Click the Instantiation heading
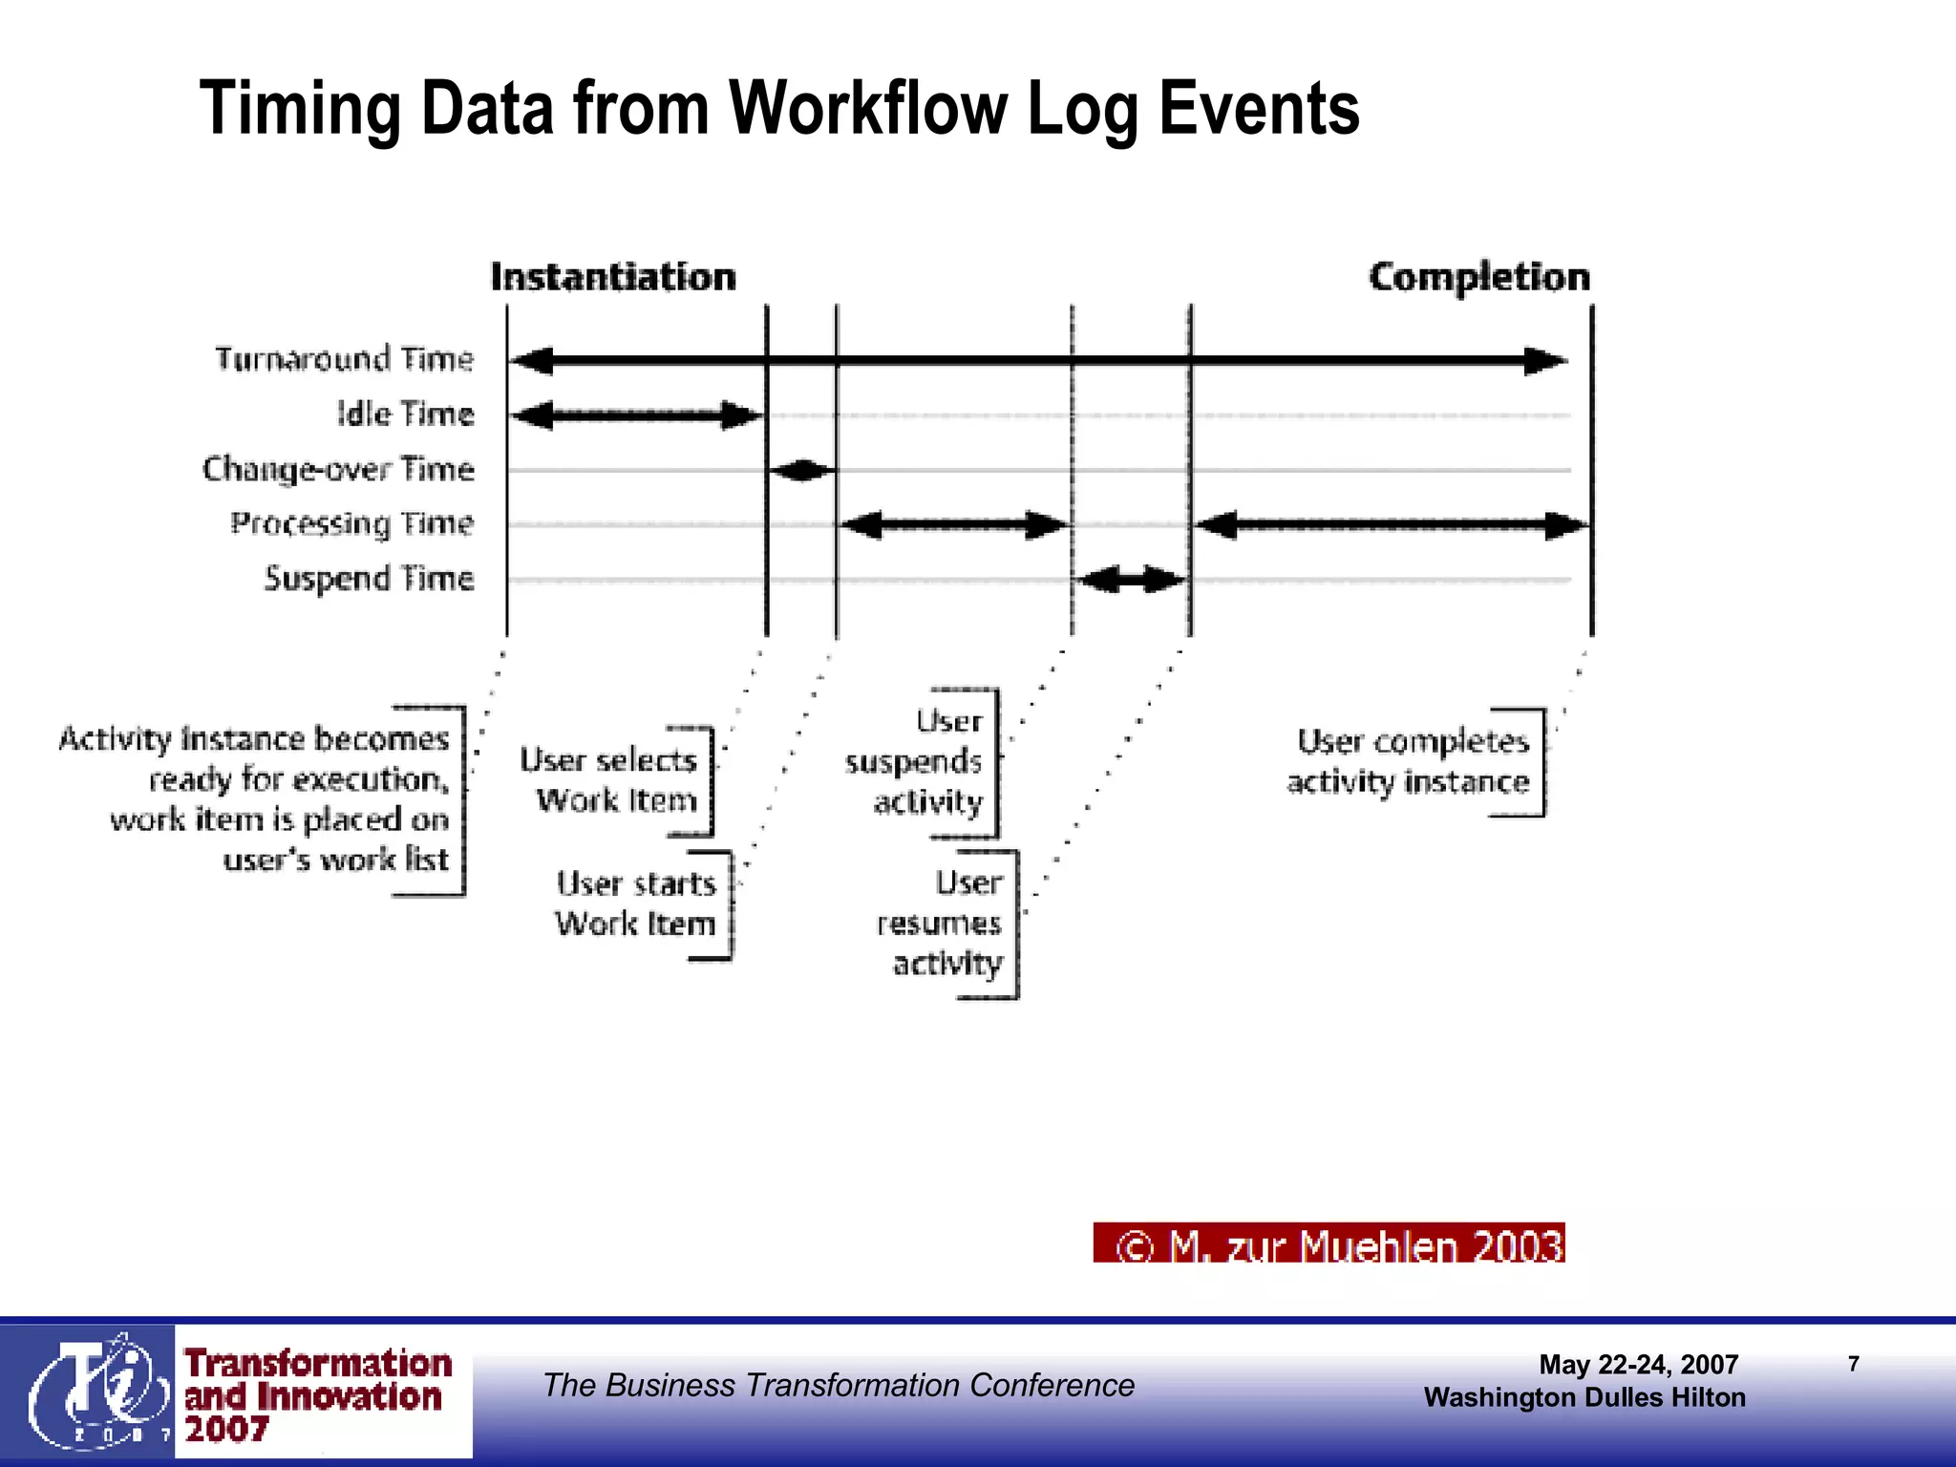point(613,277)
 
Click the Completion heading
point(1478,277)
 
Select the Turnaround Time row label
point(344,359)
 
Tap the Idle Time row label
point(405,415)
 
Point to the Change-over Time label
point(338,469)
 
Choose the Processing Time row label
point(351,523)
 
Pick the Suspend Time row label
point(369,579)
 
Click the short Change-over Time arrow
point(801,470)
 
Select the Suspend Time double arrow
point(1131,579)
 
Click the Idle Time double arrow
point(637,415)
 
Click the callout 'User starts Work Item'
point(636,904)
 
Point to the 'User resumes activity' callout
point(941,923)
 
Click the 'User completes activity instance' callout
point(1410,761)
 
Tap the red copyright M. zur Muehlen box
point(1329,1244)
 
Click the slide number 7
point(1853,1364)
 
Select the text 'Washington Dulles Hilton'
point(1584,1397)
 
